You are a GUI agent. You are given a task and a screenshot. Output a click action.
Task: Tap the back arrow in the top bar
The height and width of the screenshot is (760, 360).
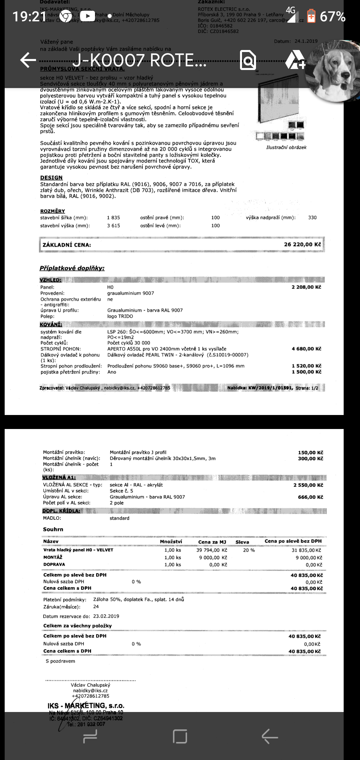(28, 60)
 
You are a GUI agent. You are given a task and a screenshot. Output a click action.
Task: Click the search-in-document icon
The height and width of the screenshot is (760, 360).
(248, 60)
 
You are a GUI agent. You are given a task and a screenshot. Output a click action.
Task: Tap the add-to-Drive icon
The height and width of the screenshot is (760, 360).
(295, 60)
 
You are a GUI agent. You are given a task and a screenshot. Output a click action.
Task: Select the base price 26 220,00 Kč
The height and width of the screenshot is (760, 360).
(302, 244)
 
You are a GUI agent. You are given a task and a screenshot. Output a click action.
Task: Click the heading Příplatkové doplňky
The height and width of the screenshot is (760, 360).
(72, 268)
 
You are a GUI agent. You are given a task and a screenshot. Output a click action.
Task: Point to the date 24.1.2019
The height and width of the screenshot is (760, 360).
(306, 41)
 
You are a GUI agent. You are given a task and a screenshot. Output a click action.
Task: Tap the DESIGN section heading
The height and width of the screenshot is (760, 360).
(51, 178)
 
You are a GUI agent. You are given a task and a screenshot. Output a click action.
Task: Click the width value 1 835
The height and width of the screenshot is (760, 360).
(113, 218)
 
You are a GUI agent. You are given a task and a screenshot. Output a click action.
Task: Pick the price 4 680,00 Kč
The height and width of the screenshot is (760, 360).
(306, 349)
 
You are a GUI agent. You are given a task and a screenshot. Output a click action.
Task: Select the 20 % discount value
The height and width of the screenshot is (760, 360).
(249, 550)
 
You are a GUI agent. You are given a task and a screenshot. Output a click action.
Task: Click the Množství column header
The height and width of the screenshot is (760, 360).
(171, 541)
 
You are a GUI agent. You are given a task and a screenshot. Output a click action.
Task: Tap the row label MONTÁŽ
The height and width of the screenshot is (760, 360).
(53, 557)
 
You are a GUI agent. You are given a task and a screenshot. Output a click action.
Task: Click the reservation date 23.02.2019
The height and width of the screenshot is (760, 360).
(106, 616)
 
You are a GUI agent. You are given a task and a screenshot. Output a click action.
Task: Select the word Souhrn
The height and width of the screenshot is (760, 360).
(53, 529)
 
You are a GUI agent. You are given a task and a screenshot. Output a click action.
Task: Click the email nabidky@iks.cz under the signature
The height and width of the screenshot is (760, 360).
(90, 691)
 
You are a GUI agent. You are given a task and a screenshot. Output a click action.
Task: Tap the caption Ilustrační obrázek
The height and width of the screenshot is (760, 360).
(286, 147)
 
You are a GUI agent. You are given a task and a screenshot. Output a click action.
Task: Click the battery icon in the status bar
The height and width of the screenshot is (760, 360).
(311, 16)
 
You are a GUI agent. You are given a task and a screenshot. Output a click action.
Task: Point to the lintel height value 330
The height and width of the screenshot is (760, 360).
(312, 218)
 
